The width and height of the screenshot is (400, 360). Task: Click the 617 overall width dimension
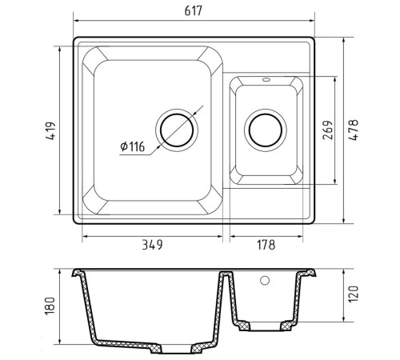pyautogui.click(x=194, y=11)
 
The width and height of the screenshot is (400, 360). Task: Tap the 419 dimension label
pyautogui.click(x=50, y=131)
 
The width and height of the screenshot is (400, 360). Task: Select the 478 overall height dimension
pyautogui.click(x=353, y=130)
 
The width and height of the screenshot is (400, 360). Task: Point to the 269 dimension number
pyautogui.click(x=328, y=130)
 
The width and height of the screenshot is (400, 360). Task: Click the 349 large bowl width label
pyautogui.click(x=152, y=245)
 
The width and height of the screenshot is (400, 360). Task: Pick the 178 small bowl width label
pyautogui.click(x=266, y=245)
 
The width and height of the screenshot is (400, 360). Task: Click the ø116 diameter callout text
pyautogui.click(x=133, y=146)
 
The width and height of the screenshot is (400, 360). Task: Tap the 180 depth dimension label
pyautogui.click(x=50, y=306)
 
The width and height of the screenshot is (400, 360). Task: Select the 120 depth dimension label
pyautogui.click(x=353, y=294)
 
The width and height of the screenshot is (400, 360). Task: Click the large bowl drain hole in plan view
pyautogui.click(x=177, y=130)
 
